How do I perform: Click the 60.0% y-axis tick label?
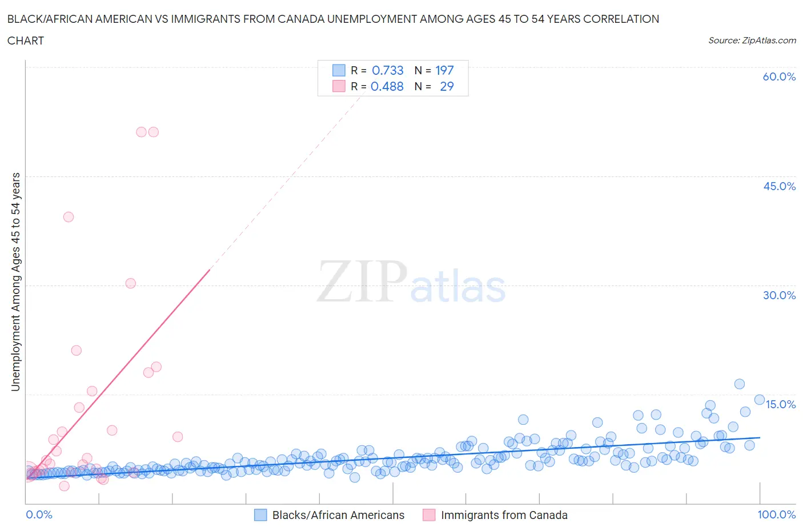[x=779, y=77]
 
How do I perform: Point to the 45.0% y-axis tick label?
[x=779, y=186]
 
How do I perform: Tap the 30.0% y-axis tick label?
[x=779, y=295]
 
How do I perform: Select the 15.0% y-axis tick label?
[x=780, y=404]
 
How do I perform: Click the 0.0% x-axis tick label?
[x=39, y=514]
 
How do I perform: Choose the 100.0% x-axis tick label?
[x=776, y=514]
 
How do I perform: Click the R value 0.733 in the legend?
[x=387, y=70]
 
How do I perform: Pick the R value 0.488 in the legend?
[x=387, y=86]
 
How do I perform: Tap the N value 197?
[x=444, y=70]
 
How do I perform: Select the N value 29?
[x=447, y=86]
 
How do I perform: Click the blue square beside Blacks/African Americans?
[x=260, y=515]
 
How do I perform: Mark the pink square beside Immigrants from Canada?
[x=429, y=515]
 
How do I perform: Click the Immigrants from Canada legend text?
[x=504, y=515]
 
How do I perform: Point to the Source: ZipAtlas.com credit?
[x=752, y=41]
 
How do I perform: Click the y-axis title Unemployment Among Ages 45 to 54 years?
[x=15, y=281]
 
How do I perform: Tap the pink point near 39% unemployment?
[x=69, y=217]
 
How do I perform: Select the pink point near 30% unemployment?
[x=131, y=283]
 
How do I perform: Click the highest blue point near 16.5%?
[x=740, y=384]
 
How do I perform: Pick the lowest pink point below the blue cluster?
[x=64, y=486]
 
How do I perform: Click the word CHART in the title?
[x=26, y=41]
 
